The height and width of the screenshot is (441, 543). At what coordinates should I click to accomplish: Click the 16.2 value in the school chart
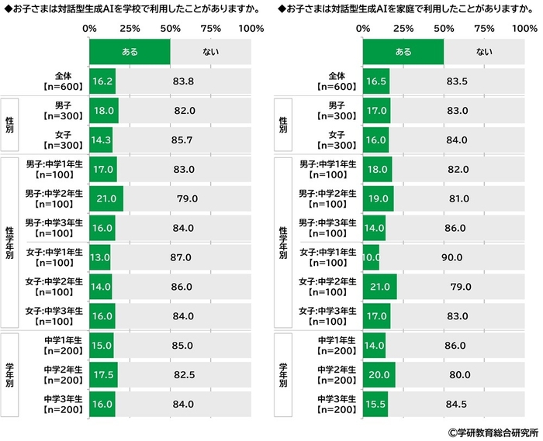102,81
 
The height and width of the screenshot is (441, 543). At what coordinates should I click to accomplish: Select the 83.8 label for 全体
184,81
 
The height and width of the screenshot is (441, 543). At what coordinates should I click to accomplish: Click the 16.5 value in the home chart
376,81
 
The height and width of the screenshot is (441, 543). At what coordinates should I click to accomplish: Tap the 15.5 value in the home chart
375,404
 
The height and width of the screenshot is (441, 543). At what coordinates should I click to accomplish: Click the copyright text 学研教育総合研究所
493,431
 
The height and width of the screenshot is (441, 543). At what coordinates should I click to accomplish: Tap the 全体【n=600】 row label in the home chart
335,81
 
